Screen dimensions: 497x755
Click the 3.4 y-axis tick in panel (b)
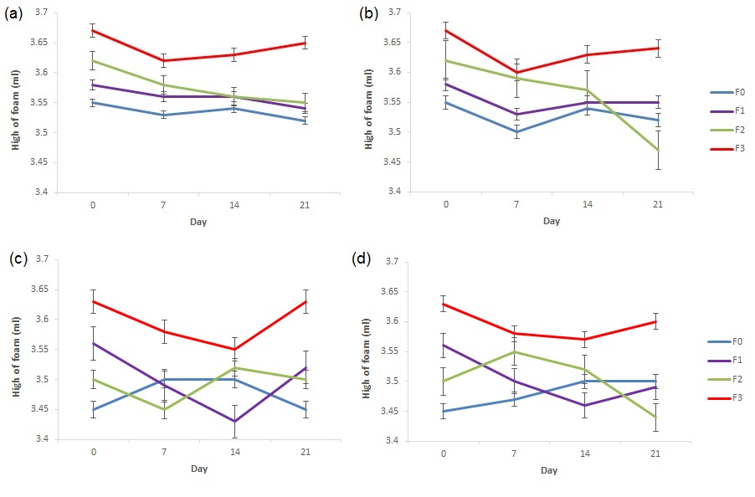coord(393,192)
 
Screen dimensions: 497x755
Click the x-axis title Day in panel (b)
coord(551,221)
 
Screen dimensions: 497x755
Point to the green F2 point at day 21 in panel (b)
coord(658,150)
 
